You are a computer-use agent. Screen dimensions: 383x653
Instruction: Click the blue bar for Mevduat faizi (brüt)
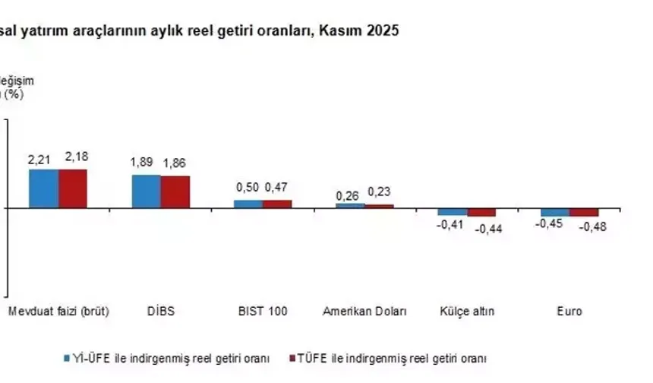pos(43,188)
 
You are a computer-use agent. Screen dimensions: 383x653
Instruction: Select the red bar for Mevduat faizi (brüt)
pos(73,188)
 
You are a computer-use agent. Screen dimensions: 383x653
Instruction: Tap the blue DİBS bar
pos(146,191)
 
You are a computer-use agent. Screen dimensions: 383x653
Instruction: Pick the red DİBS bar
pos(175,191)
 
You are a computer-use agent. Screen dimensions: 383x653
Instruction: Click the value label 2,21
pos(39,160)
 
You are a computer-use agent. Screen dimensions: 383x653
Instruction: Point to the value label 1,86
pos(173,163)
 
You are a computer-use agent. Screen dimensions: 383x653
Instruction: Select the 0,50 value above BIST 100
pos(246,188)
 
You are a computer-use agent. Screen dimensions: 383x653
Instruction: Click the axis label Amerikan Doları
pos(365,312)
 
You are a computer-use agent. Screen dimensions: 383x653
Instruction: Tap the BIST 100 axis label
pos(262,312)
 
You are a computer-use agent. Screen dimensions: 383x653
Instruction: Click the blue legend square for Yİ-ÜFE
pos(66,357)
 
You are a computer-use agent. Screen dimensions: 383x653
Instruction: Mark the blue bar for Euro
pos(555,212)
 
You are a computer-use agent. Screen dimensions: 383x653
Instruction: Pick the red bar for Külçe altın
pos(481,212)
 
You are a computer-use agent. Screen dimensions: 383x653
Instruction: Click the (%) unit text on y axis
pos(14,94)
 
